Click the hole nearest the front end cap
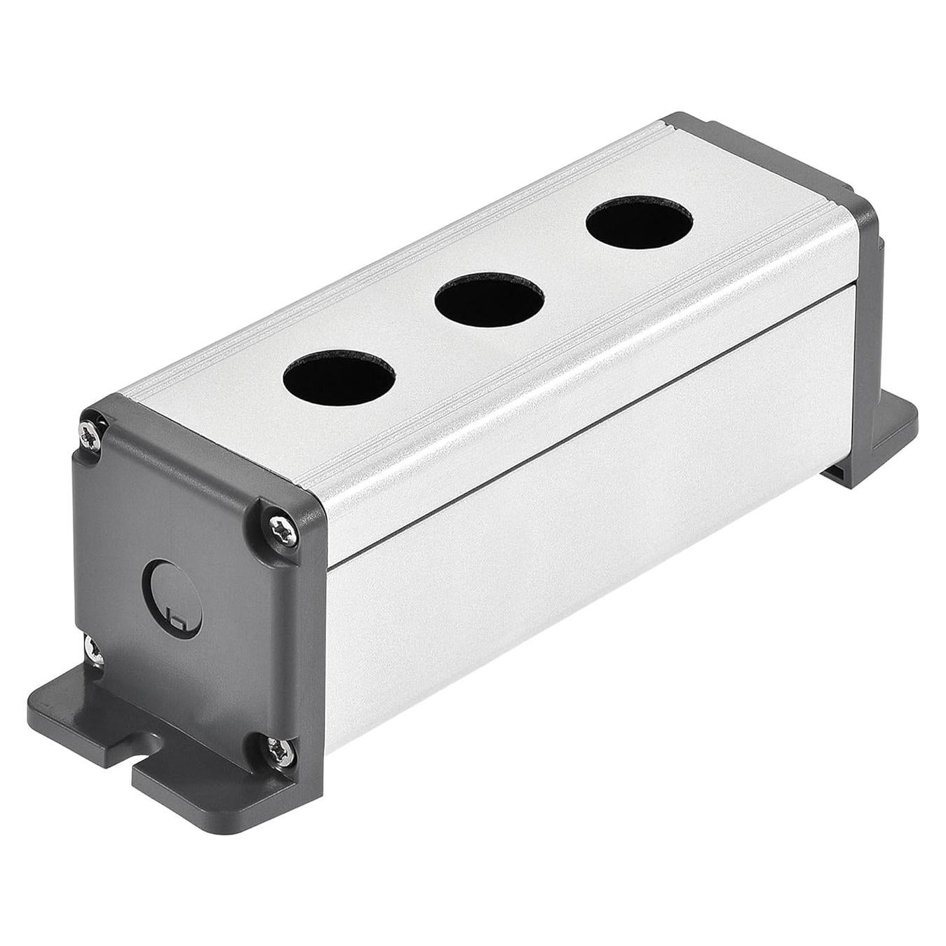pos(339,376)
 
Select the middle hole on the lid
pos(489,300)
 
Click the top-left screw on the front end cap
pos(92,433)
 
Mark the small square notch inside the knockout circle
pos(178,620)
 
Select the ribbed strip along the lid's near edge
pos(561,358)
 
